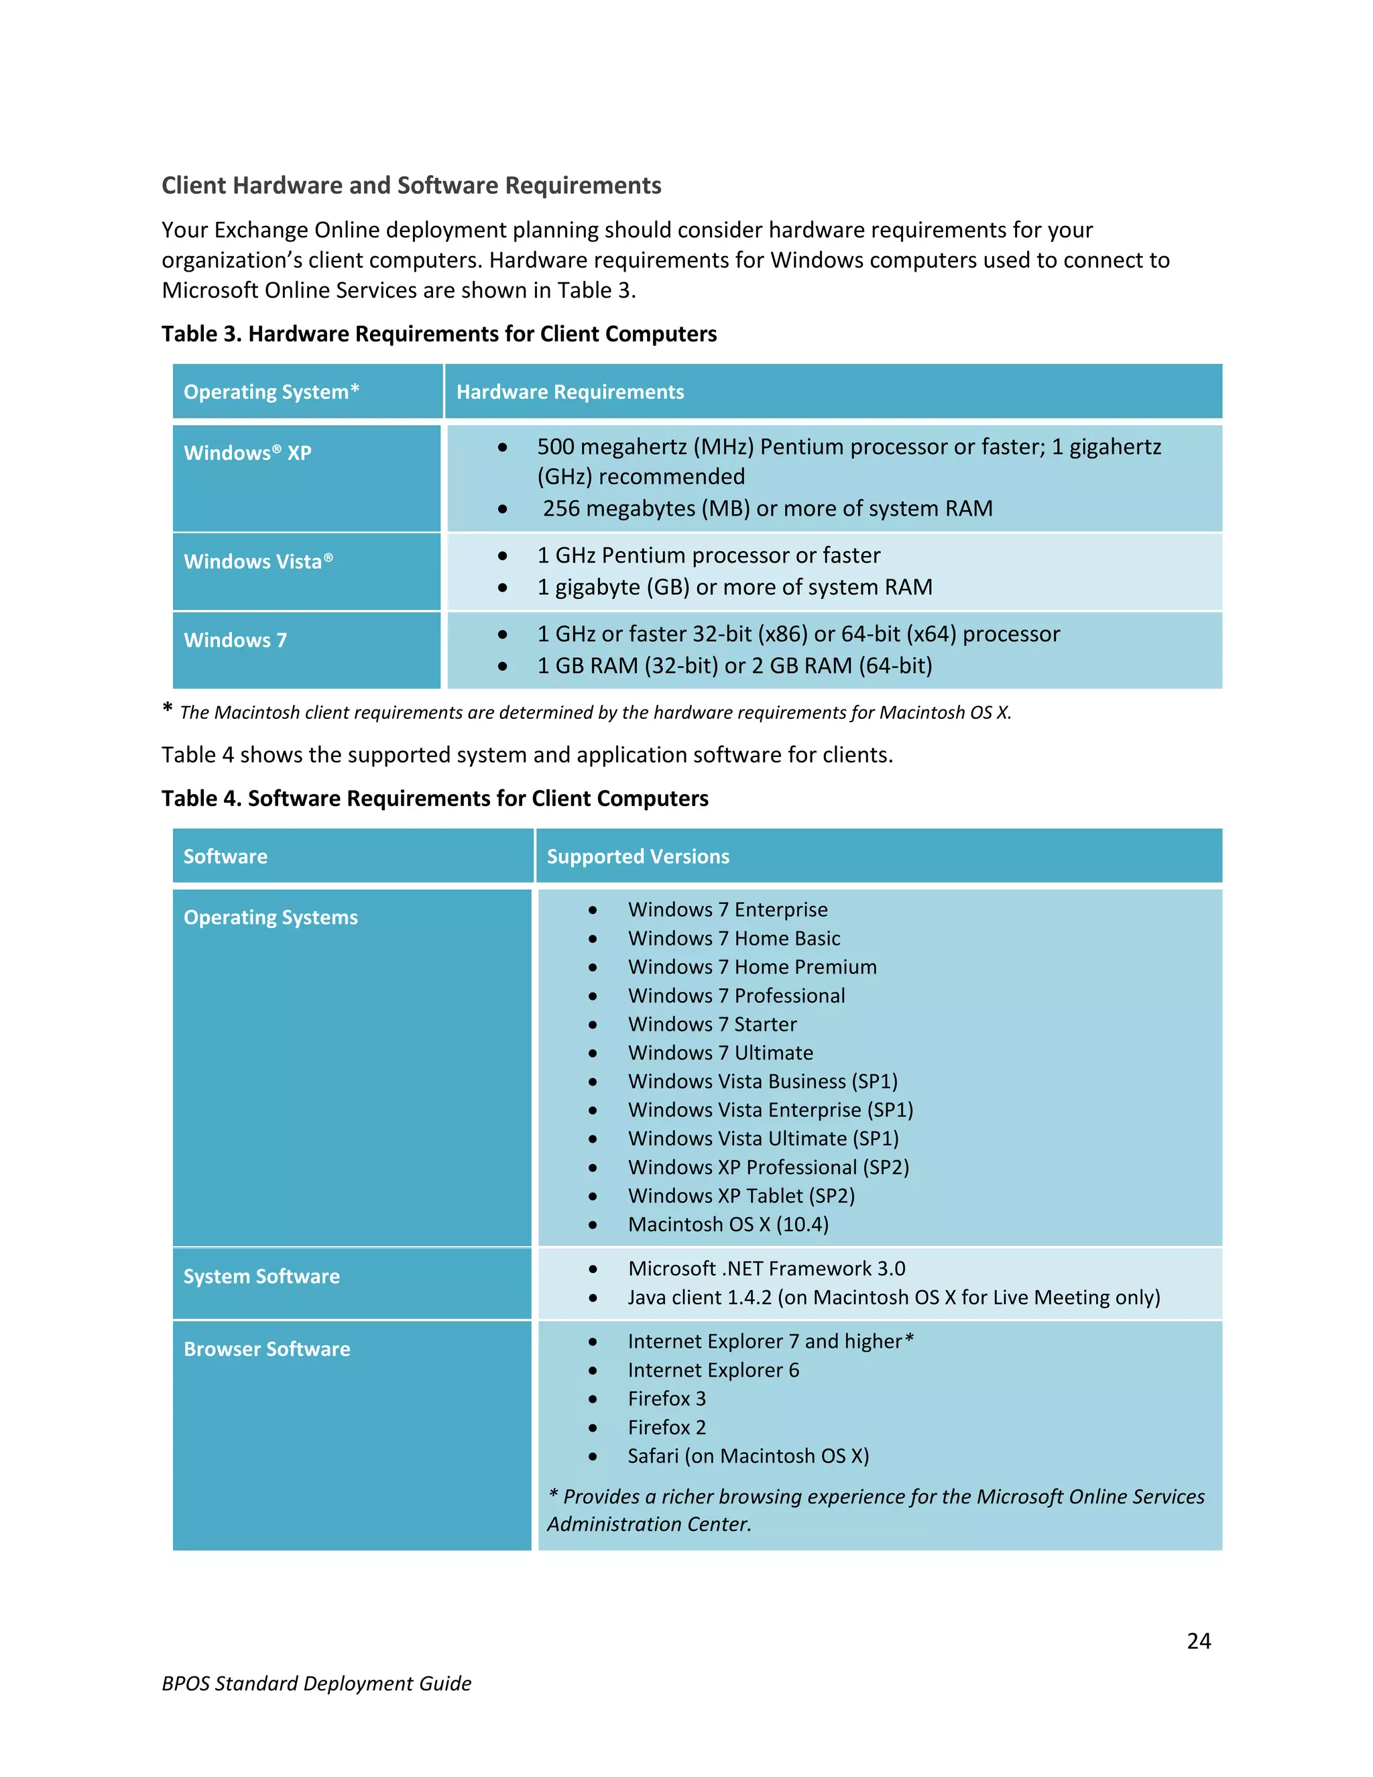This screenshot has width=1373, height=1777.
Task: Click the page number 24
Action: [x=1198, y=1641]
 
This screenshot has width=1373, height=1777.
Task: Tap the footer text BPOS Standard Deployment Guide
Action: [x=316, y=1683]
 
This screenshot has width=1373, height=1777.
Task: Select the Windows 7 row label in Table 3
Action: [x=235, y=640]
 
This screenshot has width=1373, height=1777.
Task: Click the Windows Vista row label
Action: [x=258, y=561]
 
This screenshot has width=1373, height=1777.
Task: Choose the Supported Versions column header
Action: [x=638, y=857]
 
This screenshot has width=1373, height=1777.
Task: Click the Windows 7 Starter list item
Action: [x=712, y=1025]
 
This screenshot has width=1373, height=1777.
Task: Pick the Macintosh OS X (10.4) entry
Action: [x=728, y=1224]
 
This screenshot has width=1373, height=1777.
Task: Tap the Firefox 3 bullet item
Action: [x=666, y=1399]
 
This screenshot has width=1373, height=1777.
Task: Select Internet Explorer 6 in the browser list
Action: [x=713, y=1370]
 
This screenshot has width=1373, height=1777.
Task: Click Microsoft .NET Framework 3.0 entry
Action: [x=766, y=1269]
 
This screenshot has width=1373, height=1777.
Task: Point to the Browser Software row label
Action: [x=267, y=1349]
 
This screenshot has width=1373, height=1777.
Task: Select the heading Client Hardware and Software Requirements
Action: [x=411, y=186]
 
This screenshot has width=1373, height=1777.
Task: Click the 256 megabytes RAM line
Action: [x=767, y=508]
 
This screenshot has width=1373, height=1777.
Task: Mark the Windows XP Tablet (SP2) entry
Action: [x=741, y=1196]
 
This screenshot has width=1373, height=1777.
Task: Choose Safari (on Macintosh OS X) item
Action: [x=748, y=1456]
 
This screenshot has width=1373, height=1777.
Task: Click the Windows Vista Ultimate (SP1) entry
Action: [x=763, y=1139]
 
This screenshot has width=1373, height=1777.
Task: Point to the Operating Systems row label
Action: [x=270, y=918]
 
